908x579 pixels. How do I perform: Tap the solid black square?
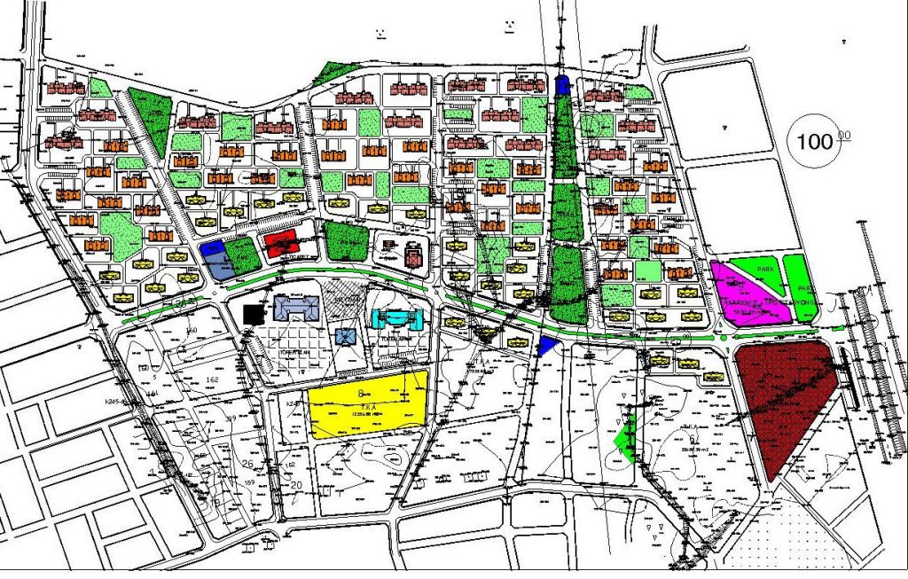pyautogui.click(x=254, y=313)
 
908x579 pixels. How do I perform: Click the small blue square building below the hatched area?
pyautogui.click(x=346, y=336)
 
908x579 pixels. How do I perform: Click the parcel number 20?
pyautogui.click(x=296, y=484)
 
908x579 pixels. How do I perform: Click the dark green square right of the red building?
pyautogui.click(x=345, y=240)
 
